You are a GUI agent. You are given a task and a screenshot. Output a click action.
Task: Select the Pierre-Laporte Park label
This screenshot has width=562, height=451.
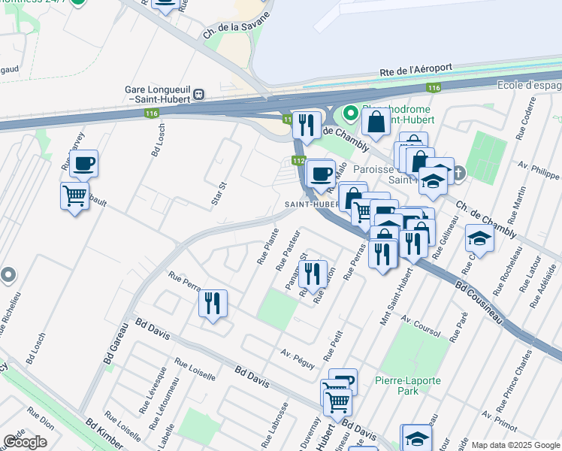(x=408, y=386)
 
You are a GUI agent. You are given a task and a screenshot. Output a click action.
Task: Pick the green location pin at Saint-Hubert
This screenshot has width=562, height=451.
(x=349, y=114)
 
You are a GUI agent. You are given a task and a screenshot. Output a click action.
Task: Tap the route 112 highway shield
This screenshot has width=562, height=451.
(x=298, y=161)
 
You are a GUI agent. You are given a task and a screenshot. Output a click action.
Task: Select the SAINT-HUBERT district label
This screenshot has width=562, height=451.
(x=312, y=204)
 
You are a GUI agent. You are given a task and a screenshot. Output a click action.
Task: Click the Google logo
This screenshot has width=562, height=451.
(x=26, y=442)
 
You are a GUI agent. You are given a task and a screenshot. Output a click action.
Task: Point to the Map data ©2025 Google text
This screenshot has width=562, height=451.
(x=515, y=445)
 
